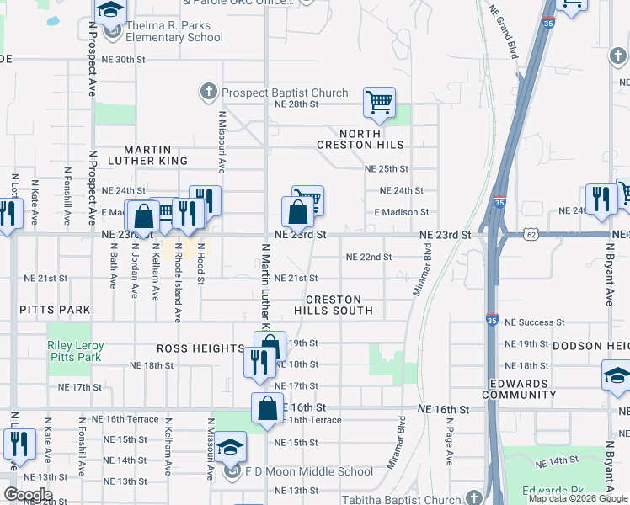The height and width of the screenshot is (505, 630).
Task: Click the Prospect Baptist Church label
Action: (x=284, y=93)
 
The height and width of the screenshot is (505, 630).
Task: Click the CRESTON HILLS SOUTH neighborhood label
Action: (x=334, y=305)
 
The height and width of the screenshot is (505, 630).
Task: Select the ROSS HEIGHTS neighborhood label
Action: (x=200, y=348)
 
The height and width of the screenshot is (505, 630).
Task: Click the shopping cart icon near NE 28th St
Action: (x=379, y=103)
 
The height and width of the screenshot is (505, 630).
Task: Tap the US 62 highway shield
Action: (x=528, y=234)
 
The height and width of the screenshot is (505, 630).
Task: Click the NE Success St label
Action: (x=537, y=322)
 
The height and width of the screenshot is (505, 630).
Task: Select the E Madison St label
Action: (x=402, y=212)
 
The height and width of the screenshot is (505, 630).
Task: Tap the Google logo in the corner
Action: (x=28, y=495)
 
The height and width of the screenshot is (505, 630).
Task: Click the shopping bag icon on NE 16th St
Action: (x=267, y=408)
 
